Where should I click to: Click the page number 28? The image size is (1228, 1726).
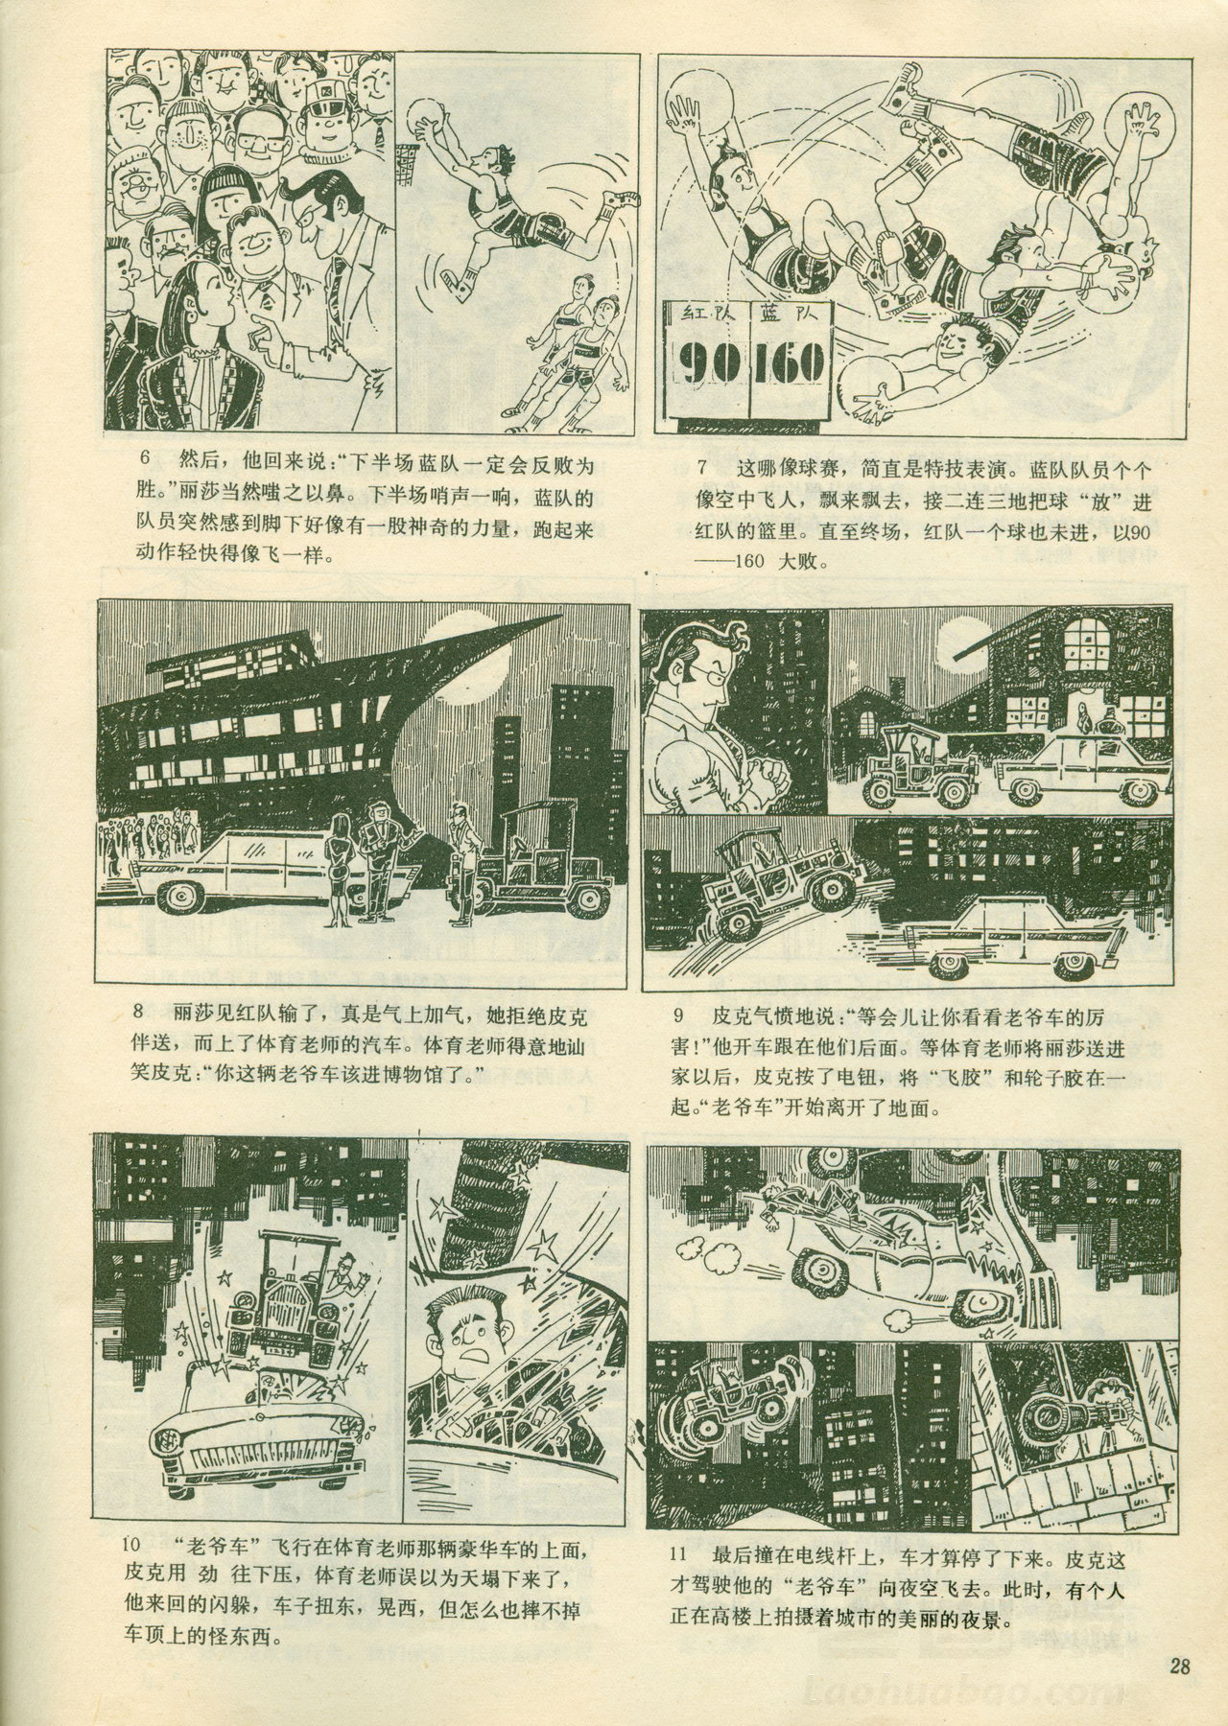click(1179, 1665)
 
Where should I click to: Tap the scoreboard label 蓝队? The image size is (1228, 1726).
click(785, 312)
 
